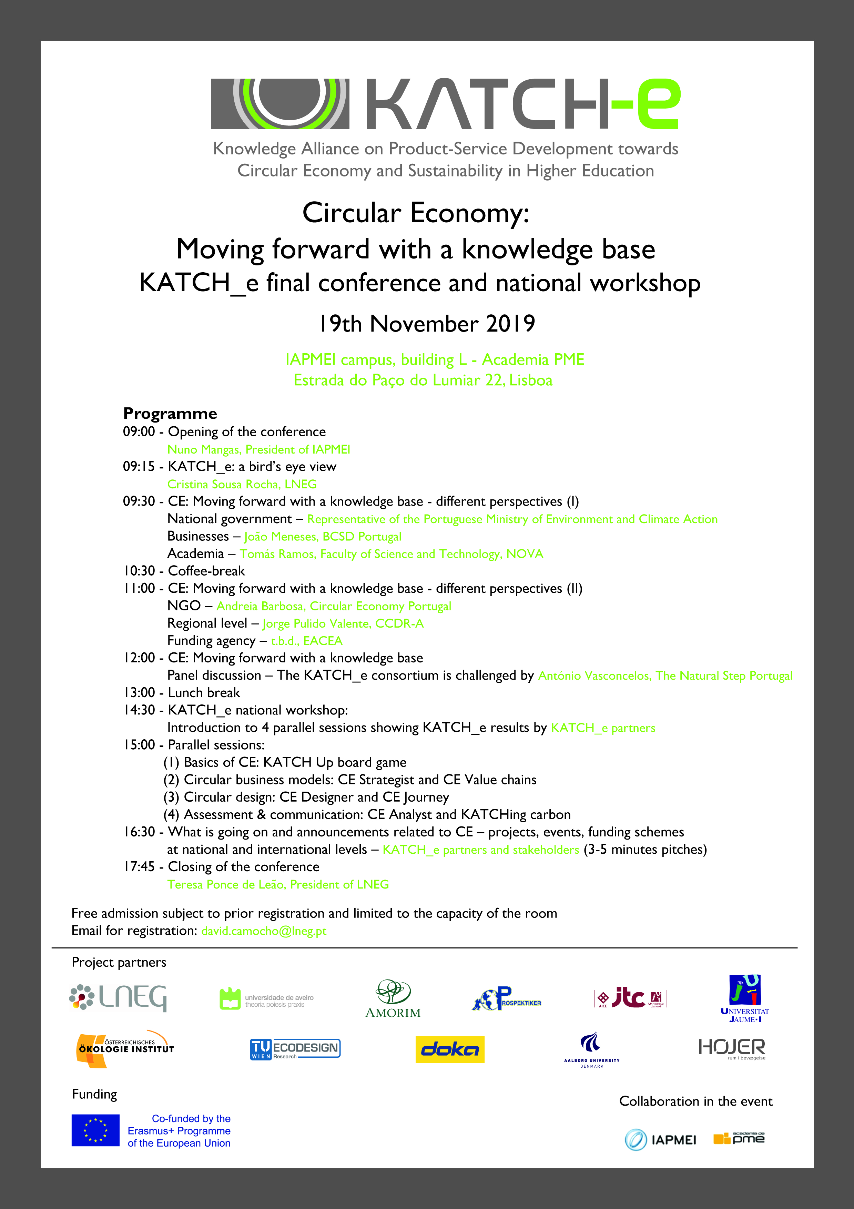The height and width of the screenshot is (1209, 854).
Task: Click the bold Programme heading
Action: (170, 413)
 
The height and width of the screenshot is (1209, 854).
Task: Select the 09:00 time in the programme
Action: (139, 432)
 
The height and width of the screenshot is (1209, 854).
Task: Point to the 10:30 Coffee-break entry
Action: (184, 571)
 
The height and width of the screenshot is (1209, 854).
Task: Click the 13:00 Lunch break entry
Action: (182, 692)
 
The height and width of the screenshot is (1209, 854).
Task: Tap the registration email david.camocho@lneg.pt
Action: (264, 931)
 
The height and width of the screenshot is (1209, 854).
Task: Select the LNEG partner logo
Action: (118, 997)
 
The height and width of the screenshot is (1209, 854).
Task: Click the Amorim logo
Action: (393, 999)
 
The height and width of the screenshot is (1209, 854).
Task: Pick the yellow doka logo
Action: (450, 1049)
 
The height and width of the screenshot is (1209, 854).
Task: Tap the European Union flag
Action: (95, 1130)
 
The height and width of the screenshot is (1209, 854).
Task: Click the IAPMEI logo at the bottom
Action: (660, 1140)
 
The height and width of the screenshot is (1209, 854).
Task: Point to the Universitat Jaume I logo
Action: (744, 998)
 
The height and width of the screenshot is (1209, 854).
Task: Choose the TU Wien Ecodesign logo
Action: (295, 1049)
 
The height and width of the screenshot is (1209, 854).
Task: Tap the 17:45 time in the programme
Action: (139, 867)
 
